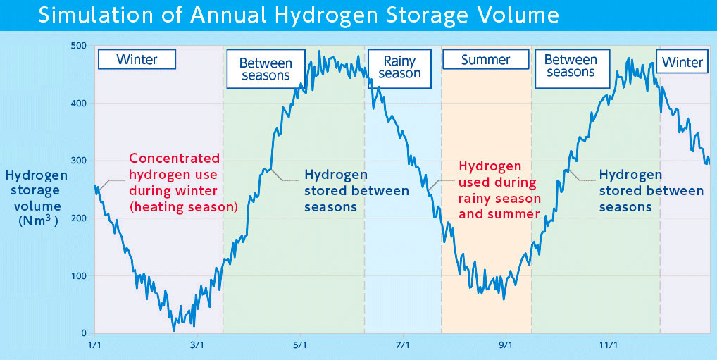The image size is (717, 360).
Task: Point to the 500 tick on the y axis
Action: click(78, 46)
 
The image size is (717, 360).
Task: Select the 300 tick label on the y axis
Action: click(78, 161)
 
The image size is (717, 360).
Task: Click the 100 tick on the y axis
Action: click(78, 275)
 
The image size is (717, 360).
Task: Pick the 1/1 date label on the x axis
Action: click(94, 345)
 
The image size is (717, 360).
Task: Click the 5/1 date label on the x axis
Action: click(300, 345)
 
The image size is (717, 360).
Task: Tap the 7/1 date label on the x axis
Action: click(403, 345)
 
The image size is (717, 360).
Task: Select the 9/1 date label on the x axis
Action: click(506, 345)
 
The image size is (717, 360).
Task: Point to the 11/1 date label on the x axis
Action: click(608, 345)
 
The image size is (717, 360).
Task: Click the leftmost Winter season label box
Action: click(137, 59)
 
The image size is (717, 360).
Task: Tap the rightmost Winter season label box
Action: click(682, 63)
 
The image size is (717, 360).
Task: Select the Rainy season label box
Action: click(399, 68)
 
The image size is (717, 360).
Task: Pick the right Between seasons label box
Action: click(571, 66)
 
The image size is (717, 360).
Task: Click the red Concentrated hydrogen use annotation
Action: click(183, 182)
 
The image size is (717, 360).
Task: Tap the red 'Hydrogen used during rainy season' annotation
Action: click(499, 190)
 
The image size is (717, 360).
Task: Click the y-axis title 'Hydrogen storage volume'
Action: click(36, 198)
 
